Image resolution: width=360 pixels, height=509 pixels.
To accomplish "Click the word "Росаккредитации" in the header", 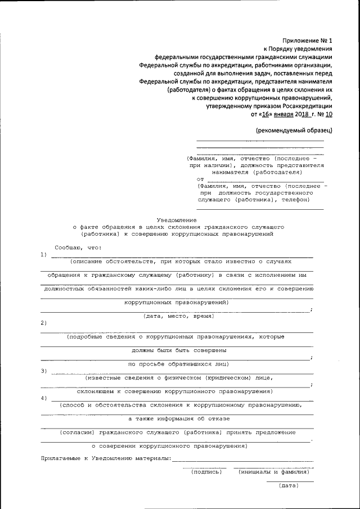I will click(307, 105).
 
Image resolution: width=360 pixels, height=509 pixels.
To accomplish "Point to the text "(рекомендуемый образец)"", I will click(294, 130).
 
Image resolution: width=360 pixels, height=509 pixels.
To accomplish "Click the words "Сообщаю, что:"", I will click(78, 247).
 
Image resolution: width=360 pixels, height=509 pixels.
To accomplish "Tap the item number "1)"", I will click(44, 255).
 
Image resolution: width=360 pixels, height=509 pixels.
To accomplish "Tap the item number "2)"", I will click(44, 322).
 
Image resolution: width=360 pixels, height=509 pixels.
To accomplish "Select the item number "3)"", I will click(44, 371).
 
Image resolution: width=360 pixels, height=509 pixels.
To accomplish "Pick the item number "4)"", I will click(44, 398).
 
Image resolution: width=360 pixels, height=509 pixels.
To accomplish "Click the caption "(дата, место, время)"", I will click(177, 316).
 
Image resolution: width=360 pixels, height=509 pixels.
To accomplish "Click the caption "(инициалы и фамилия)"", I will click(273, 472).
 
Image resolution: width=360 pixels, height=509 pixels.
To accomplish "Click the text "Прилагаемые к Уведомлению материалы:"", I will click(106, 460).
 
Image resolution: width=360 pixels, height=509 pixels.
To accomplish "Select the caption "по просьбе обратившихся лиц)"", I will click(175, 364).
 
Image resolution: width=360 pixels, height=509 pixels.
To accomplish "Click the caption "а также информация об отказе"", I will click(175, 418).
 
